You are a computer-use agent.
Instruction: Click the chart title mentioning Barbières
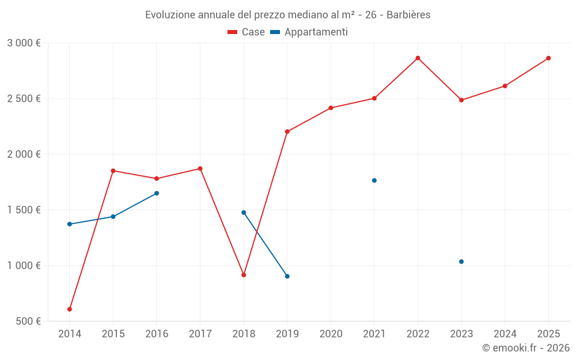[287, 14]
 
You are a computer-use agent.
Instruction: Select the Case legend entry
[247, 32]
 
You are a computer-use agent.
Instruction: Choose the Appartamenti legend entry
[309, 32]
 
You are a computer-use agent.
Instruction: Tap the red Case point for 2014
[70, 309]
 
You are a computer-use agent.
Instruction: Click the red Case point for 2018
[244, 275]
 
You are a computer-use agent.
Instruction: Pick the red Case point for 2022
[418, 58]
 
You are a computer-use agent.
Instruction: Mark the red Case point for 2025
[548, 58]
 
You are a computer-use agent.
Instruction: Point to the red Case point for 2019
[287, 131]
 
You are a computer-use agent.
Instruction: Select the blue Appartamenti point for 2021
[374, 180]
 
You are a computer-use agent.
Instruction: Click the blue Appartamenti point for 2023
[461, 262]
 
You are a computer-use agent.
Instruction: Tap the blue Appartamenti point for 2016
[157, 194]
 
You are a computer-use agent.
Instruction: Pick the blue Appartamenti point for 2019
[287, 276]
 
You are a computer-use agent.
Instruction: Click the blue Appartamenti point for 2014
[70, 224]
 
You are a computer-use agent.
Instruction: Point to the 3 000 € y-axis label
[24, 43]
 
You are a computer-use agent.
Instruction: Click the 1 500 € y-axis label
[24, 210]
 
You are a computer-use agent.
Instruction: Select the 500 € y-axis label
[28, 321]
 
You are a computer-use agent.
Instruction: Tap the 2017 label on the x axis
[200, 334]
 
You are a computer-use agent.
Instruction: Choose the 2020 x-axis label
[331, 334]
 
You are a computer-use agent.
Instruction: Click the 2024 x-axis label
[505, 334]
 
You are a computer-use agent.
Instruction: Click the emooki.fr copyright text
[526, 348]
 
